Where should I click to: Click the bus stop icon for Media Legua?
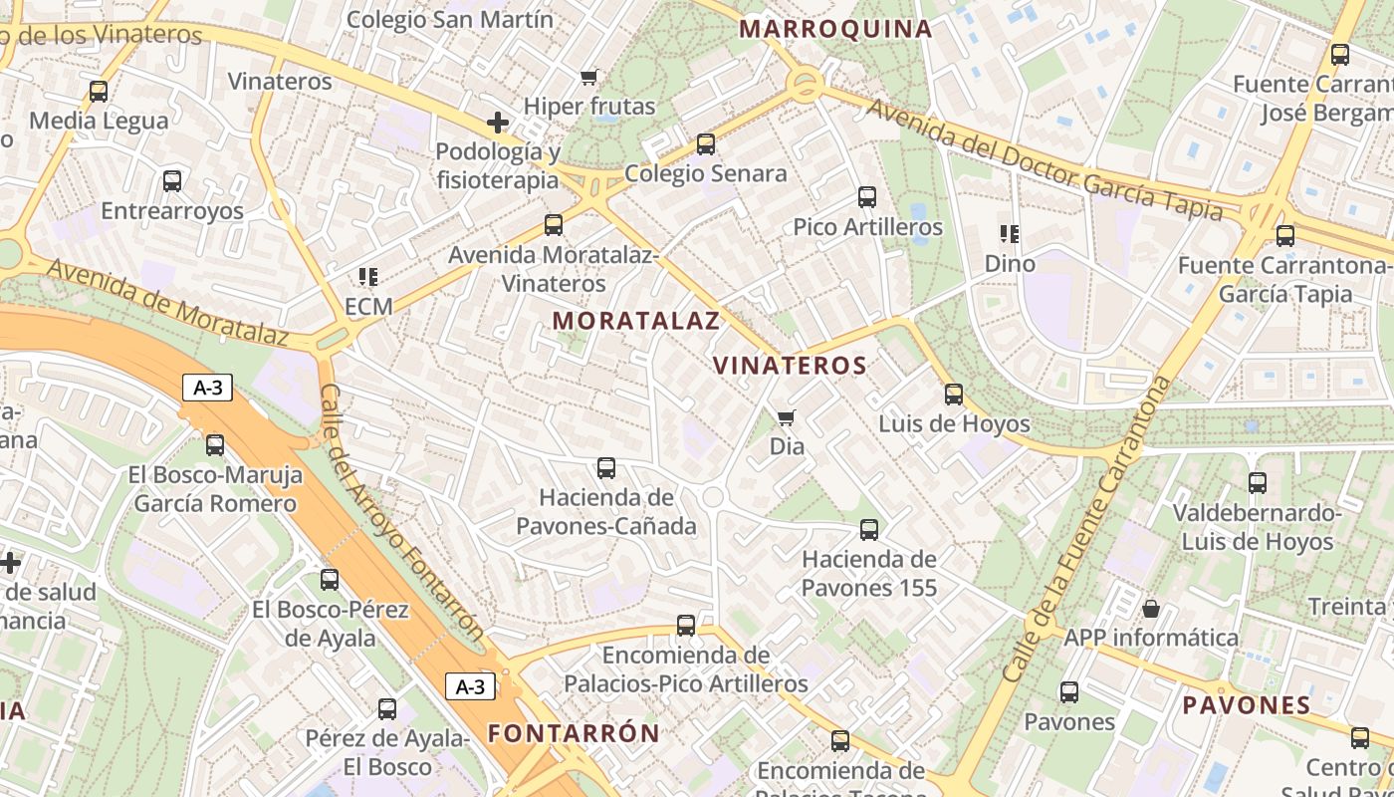click(x=98, y=92)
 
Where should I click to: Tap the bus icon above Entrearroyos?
click(x=172, y=181)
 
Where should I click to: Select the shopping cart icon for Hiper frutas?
click(x=589, y=77)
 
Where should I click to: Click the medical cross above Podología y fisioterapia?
click(x=497, y=123)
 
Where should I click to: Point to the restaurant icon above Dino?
click(x=1010, y=234)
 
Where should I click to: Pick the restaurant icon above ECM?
click(x=368, y=276)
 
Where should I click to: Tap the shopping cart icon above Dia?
click(x=787, y=416)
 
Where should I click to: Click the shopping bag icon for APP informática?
click(x=1151, y=608)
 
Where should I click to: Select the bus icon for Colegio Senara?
click(x=706, y=144)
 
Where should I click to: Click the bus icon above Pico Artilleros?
click(x=867, y=197)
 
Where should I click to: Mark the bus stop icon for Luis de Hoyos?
click(x=954, y=395)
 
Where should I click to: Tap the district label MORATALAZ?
click(x=635, y=321)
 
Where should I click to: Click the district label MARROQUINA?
click(x=836, y=29)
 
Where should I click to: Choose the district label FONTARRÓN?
click(x=574, y=734)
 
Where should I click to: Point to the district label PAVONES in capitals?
click(x=1247, y=705)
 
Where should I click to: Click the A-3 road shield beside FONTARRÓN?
click(x=470, y=686)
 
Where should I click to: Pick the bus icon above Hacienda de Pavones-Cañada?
click(x=606, y=467)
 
